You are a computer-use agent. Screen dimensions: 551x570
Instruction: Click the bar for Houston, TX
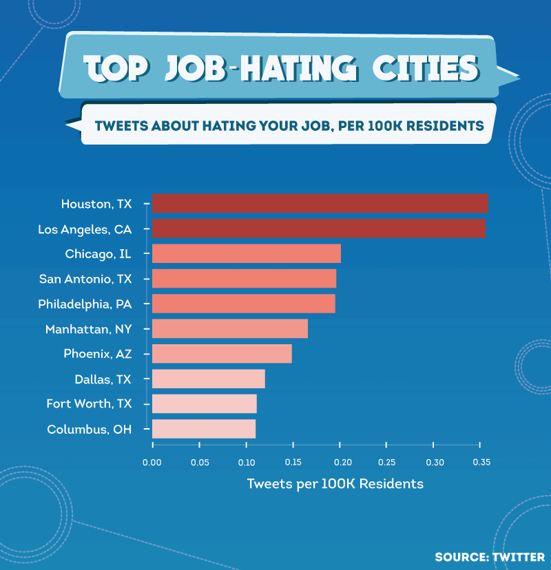(x=320, y=203)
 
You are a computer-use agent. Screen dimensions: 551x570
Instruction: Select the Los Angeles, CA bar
(x=319, y=229)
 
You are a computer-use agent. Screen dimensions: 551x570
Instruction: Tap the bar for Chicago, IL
(x=247, y=253)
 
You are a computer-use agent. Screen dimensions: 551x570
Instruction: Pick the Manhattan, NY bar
(x=230, y=328)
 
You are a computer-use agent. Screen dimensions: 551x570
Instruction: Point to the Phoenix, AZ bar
(x=222, y=353)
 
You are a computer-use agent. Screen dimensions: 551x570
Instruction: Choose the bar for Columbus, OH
(x=204, y=429)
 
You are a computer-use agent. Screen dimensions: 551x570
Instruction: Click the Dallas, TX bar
(x=209, y=379)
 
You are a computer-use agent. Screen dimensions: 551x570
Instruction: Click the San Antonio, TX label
(x=85, y=279)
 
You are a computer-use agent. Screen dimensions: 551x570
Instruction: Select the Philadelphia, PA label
(x=85, y=304)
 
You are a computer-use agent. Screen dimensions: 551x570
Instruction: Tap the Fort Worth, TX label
(x=89, y=403)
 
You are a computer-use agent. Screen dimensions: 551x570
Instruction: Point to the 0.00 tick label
(x=152, y=463)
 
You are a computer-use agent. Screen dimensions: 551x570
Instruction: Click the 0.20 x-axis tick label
(x=342, y=463)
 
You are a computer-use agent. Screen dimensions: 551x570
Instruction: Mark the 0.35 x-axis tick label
(x=481, y=463)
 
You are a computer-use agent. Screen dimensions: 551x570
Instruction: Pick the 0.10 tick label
(x=247, y=463)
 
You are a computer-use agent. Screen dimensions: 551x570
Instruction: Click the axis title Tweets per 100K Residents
(x=335, y=484)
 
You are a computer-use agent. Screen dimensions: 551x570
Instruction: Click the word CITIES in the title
(x=426, y=68)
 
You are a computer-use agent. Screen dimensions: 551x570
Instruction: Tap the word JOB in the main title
(x=196, y=68)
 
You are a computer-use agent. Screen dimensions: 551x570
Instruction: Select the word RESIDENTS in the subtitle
(x=445, y=126)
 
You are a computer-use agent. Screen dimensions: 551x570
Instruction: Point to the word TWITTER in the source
(x=519, y=557)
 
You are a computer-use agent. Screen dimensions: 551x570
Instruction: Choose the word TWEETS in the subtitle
(x=121, y=126)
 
